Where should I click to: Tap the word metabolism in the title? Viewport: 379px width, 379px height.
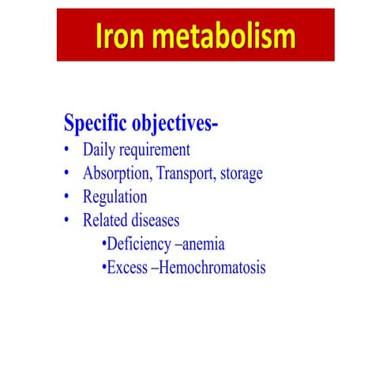226,36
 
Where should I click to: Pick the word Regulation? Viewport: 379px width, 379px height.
115,197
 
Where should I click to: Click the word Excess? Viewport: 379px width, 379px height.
128,267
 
